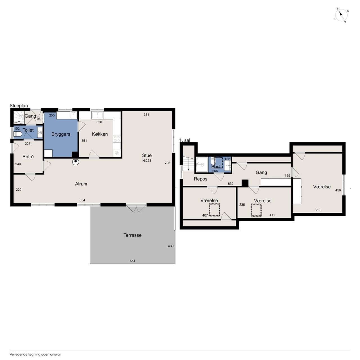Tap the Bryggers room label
point(61,134)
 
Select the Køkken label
point(100,134)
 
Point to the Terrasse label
point(132,235)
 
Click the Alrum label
point(81,184)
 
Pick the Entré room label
point(28,157)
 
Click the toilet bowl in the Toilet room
point(18,134)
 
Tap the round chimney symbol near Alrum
point(76,162)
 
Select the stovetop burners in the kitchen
point(117,139)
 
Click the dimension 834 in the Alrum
point(82,200)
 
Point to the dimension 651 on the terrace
point(132,261)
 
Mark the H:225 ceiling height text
point(147,161)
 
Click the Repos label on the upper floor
point(201,179)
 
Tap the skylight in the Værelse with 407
point(215,210)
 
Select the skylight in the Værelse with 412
point(256,210)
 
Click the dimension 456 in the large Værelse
point(338,190)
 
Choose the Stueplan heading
point(19,105)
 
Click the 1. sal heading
point(184,140)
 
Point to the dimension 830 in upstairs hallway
point(231,184)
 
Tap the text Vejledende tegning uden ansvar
point(35,354)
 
